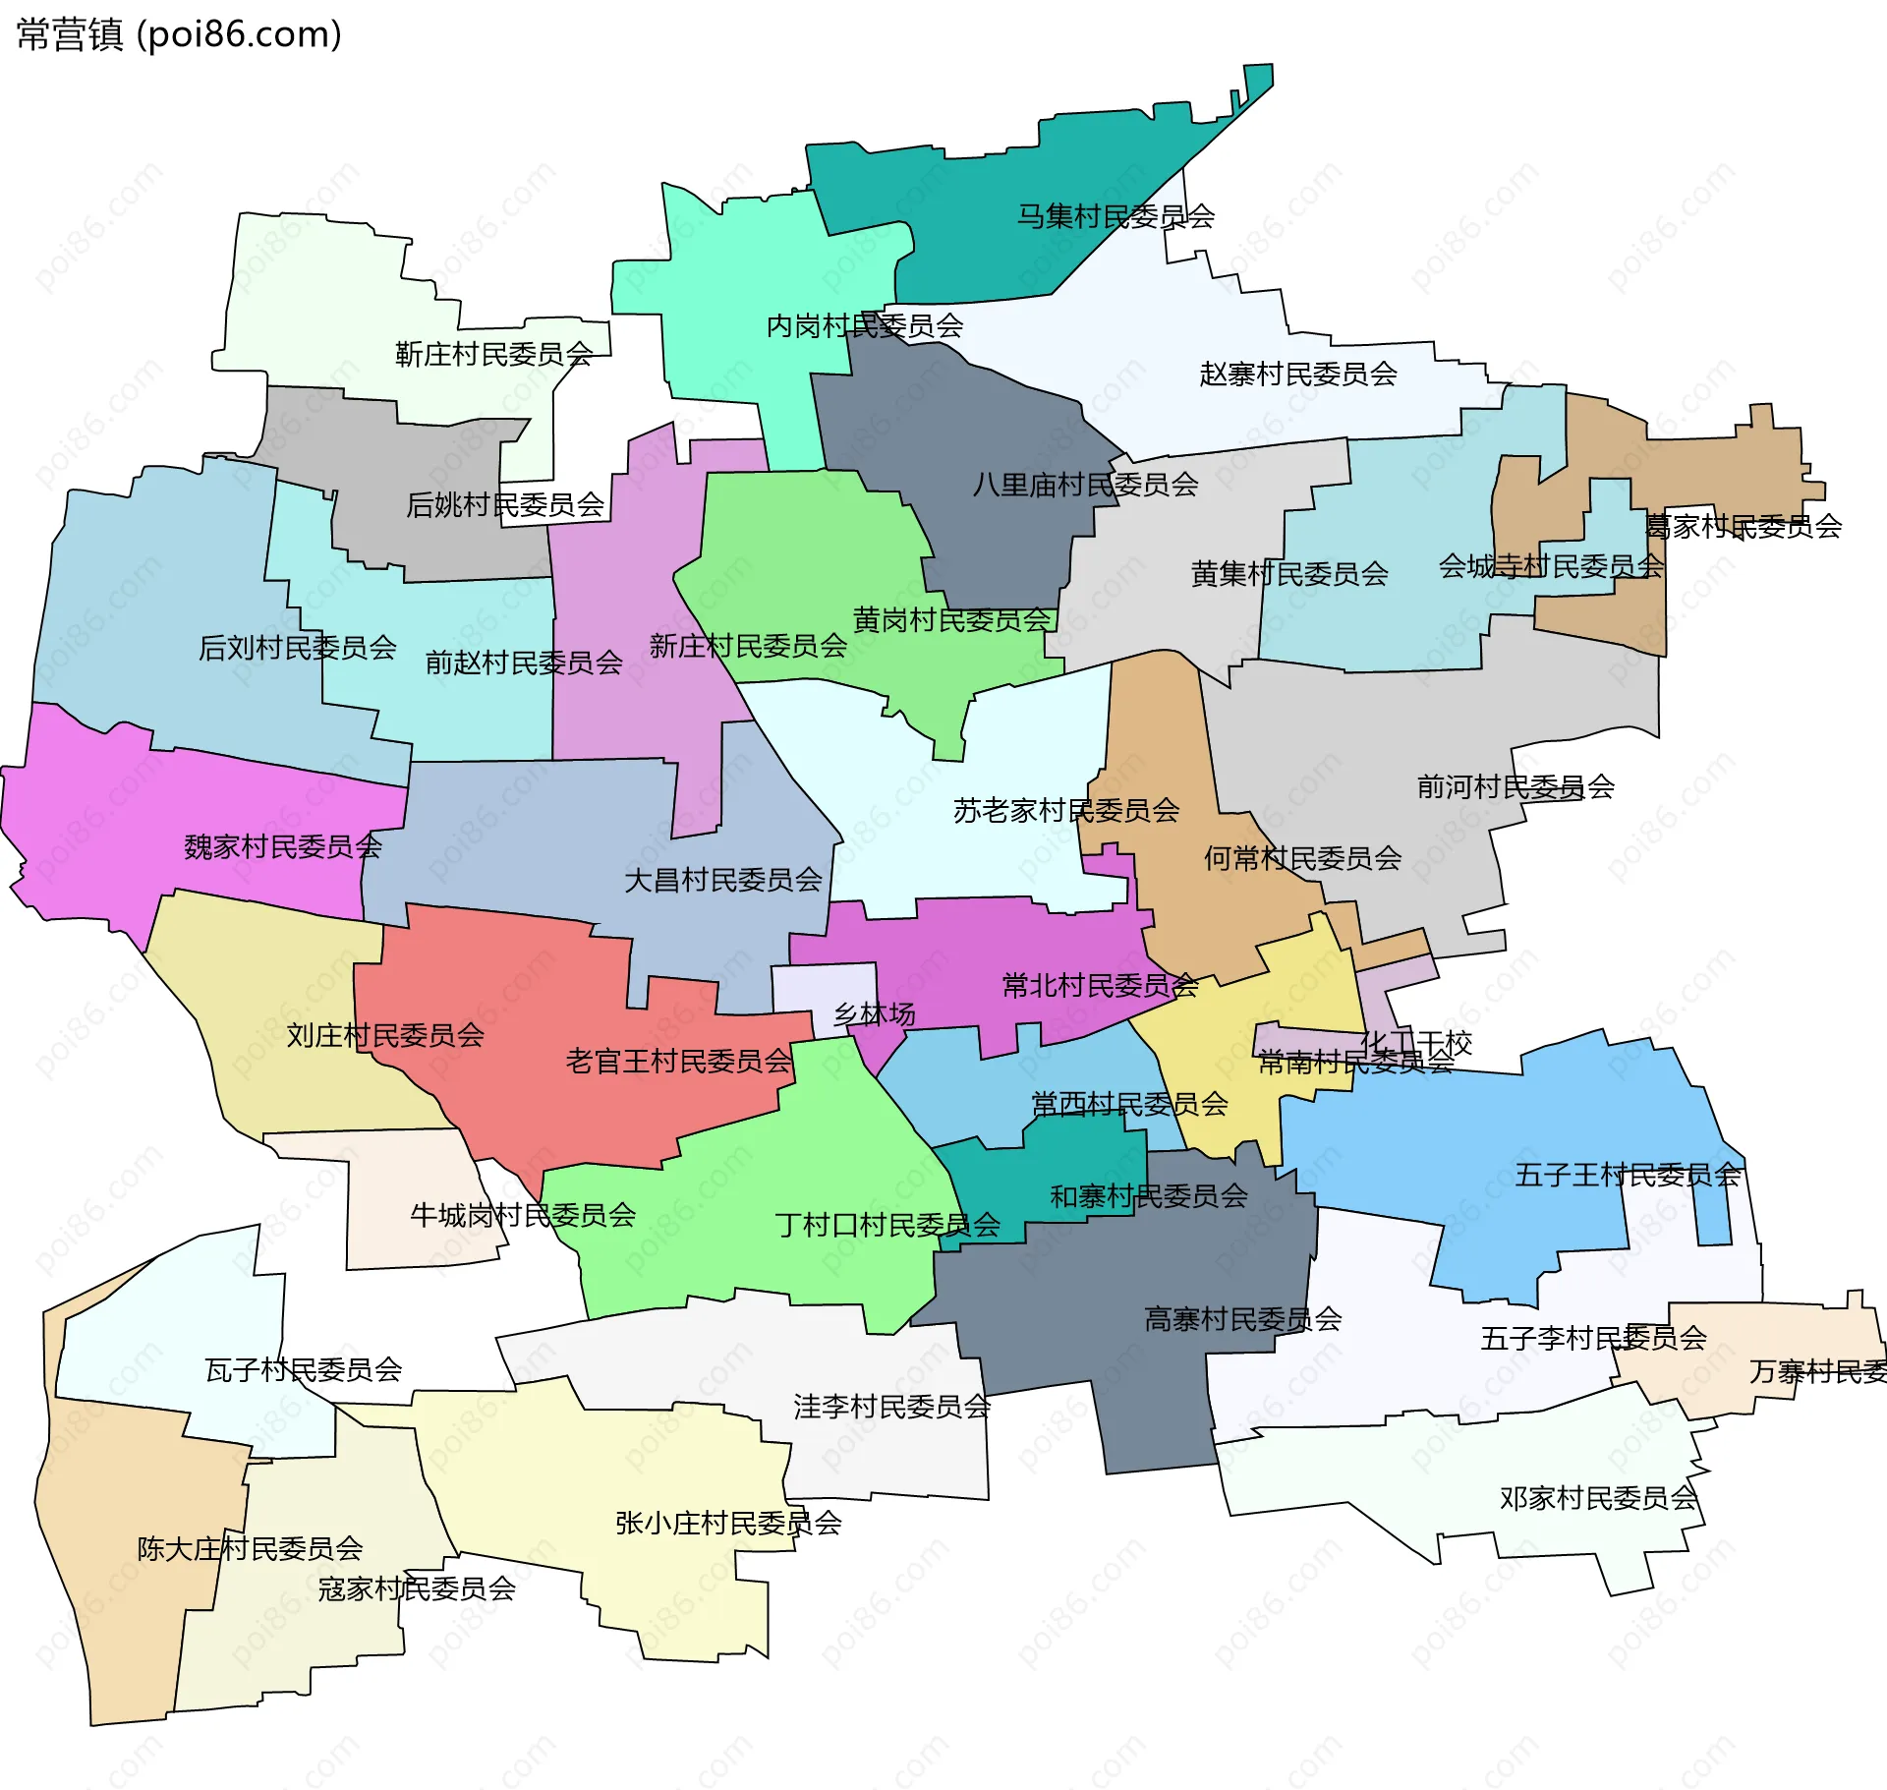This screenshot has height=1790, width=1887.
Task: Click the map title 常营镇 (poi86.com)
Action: click(x=179, y=34)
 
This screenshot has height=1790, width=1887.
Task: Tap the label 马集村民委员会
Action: click(x=1115, y=216)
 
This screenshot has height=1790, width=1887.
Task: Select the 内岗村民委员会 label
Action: click(x=864, y=325)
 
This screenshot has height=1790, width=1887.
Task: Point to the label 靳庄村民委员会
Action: click(x=493, y=354)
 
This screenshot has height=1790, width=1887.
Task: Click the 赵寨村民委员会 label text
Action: click(x=1297, y=374)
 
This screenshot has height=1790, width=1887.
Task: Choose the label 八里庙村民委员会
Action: click(x=1085, y=485)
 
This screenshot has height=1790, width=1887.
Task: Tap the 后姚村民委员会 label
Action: click(x=505, y=505)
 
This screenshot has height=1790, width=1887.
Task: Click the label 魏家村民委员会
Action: click(x=283, y=846)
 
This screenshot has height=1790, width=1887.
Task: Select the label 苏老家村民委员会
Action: click(x=1065, y=811)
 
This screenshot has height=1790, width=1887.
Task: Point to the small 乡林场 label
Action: click(x=874, y=1014)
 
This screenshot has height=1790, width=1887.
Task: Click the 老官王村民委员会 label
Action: click(x=678, y=1062)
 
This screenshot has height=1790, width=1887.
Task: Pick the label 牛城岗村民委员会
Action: click(x=523, y=1216)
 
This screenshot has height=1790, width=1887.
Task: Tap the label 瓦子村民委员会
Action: click(x=304, y=1370)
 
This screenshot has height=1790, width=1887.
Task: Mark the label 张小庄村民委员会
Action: click(x=728, y=1524)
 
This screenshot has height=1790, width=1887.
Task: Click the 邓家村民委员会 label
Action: click(x=1598, y=1499)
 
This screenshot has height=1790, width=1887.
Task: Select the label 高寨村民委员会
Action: click(x=1242, y=1319)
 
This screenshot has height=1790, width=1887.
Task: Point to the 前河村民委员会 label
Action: click(x=1515, y=786)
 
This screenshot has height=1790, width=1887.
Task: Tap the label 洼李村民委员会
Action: click(x=891, y=1407)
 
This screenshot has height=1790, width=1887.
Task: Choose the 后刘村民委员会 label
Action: click(x=298, y=648)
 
